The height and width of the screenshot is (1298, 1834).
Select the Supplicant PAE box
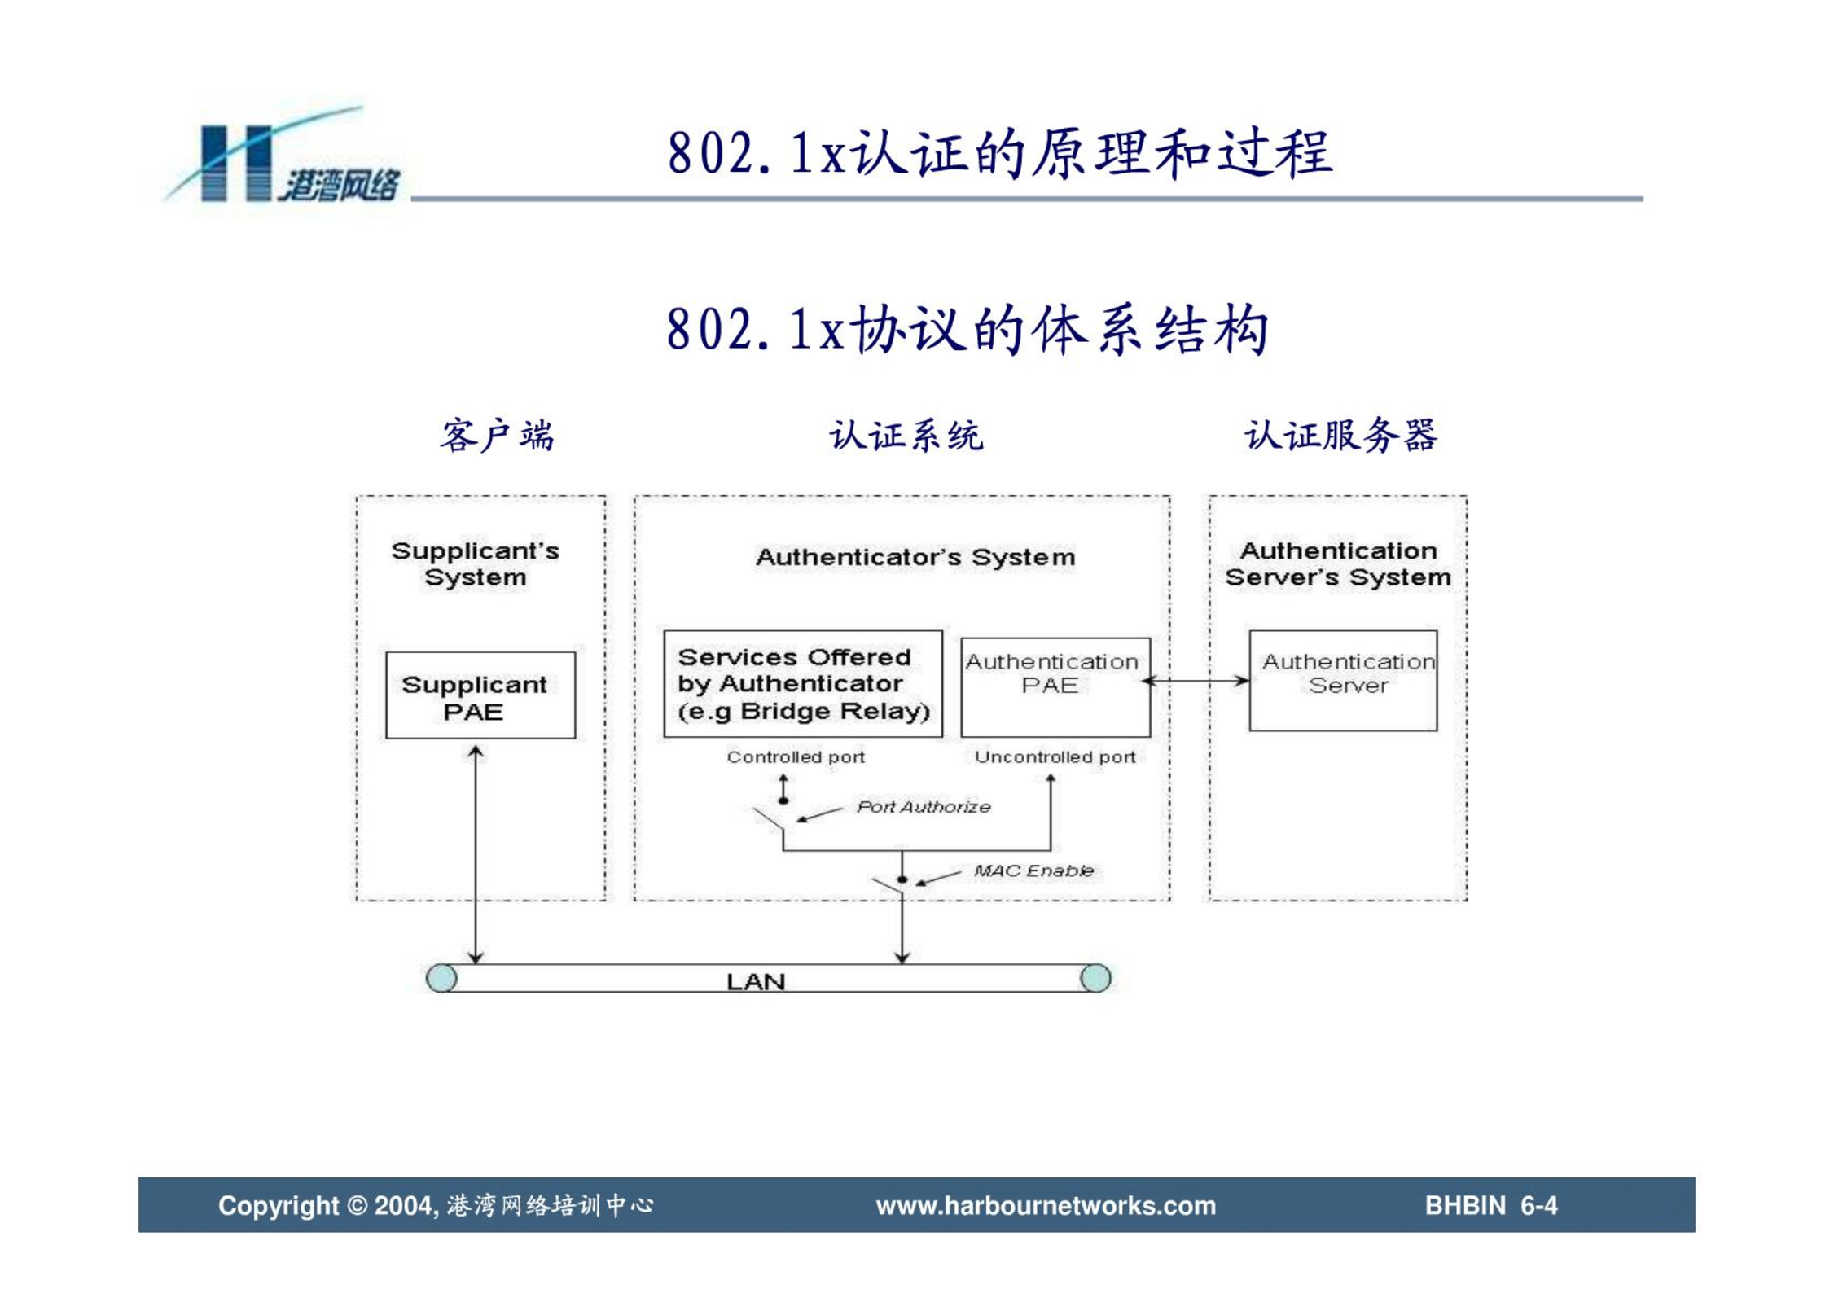480,695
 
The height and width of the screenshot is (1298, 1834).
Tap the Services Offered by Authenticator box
803,683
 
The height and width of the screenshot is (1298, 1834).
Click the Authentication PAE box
1055,687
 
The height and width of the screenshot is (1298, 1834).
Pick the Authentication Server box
1343,680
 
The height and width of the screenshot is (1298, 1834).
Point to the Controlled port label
796,757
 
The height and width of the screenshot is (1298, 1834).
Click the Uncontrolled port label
1055,757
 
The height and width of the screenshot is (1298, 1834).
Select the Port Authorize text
924,807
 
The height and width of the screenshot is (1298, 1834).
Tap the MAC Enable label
1033,870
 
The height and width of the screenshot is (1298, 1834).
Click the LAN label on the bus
756,981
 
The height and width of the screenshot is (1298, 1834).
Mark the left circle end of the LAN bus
441,978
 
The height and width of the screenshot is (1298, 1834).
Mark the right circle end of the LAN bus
1095,978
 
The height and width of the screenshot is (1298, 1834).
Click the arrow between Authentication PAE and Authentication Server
1196,681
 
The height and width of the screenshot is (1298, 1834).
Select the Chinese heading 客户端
498,436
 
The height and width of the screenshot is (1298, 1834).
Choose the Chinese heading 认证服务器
1340,435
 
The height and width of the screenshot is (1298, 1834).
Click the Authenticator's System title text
915,557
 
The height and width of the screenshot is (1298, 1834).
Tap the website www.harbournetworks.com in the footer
1046,1205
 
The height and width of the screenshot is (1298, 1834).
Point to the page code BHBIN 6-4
1491,1205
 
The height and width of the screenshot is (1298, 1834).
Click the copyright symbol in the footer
358,1205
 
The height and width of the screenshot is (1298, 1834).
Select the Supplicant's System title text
476,563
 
